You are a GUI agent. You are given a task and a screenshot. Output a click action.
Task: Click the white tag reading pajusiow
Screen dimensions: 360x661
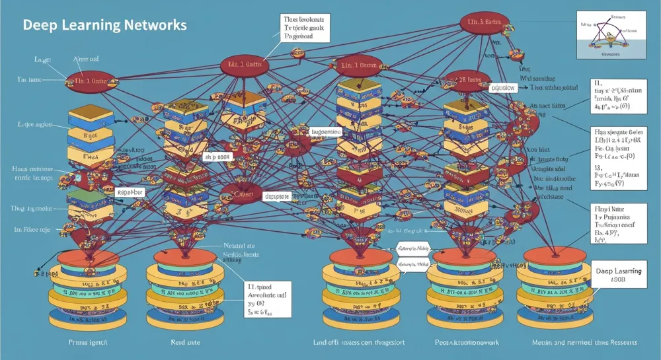[x=504, y=87]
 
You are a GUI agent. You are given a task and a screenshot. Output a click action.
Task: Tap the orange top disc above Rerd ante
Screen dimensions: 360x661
[x=185, y=256]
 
